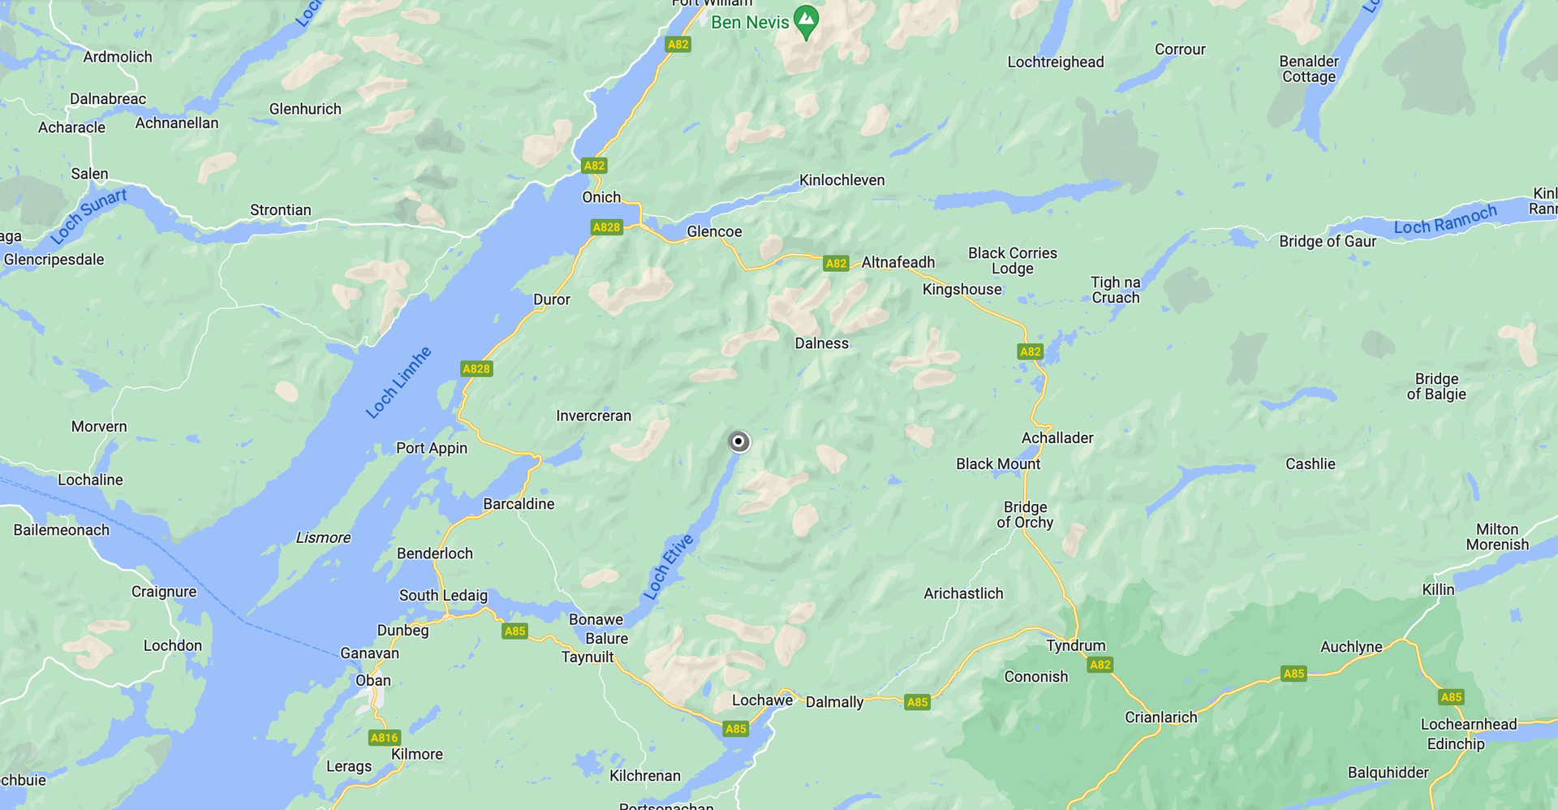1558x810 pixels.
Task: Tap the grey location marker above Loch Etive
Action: click(738, 442)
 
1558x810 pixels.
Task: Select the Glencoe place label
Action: click(714, 231)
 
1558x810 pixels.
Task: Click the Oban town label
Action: click(373, 680)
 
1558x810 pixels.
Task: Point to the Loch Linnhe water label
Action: click(398, 382)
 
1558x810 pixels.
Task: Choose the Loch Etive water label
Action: click(669, 567)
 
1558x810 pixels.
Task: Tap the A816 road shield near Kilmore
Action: click(384, 737)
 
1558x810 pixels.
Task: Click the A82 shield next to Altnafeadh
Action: click(836, 263)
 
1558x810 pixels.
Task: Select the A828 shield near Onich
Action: click(606, 227)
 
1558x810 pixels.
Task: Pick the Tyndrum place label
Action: click(1075, 645)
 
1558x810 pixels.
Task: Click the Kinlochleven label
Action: click(841, 180)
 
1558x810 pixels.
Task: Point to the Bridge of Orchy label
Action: click(1025, 515)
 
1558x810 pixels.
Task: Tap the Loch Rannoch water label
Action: click(1444, 220)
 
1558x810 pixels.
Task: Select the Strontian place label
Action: click(280, 210)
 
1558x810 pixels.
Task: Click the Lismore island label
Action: click(323, 537)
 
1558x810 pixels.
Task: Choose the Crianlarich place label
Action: click(1160, 717)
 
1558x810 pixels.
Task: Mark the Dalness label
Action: click(821, 343)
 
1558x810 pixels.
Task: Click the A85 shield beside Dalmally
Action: click(917, 702)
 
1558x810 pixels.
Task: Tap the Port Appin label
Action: click(431, 448)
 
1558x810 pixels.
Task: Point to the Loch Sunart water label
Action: click(88, 216)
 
